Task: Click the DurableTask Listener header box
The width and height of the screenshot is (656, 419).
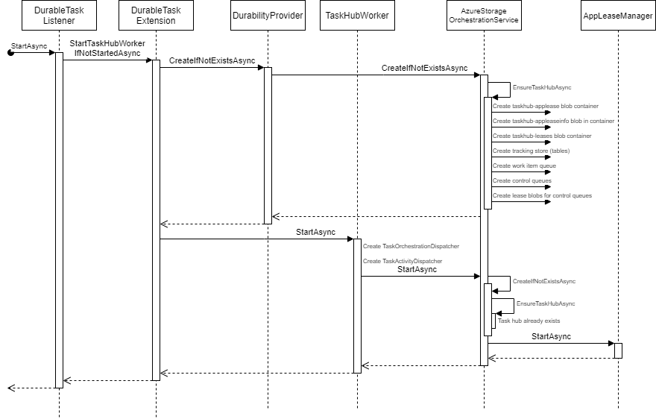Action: pyautogui.click(x=59, y=16)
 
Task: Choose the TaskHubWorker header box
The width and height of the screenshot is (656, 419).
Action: pyautogui.click(x=357, y=16)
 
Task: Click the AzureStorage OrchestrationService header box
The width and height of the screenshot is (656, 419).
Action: pyautogui.click(x=483, y=16)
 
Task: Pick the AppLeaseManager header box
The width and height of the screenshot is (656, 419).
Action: pyautogui.click(x=617, y=16)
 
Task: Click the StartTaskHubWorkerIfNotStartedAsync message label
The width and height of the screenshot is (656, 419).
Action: pyautogui.click(x=107, y=48)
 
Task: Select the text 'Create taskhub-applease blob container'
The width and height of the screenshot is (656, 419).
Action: pyautogui.click(x=545, y=106)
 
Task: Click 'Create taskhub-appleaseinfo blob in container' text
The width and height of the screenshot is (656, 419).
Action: pyautogui.click(x=553, y=121)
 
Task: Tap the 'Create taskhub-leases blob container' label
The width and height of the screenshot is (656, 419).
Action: pyautogui.click(x=542, y=136)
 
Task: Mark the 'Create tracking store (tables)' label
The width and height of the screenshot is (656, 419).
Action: pyautogui.click(x=531, y=151)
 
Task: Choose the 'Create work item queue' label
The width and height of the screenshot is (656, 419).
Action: pyautogui.click(x=524, y=166)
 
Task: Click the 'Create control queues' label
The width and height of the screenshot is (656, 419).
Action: pyautogui.click(x=522, y=180)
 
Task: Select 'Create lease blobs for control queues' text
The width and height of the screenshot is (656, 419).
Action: pyautogui.click(x=542, y=195)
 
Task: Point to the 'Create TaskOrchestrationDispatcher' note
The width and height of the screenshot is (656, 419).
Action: pyautogui.click(x=411, y=246)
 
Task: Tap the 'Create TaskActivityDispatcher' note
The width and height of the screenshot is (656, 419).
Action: pyautogui.click(x=403, y=261)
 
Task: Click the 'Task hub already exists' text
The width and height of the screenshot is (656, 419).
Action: pyautogui.click(x=529, y=321)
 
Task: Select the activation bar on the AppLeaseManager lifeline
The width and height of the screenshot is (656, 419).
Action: pyautogui.click(x=618, y=350)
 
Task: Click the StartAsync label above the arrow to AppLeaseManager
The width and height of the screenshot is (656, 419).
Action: pyautogui.click(x=551, y=337)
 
